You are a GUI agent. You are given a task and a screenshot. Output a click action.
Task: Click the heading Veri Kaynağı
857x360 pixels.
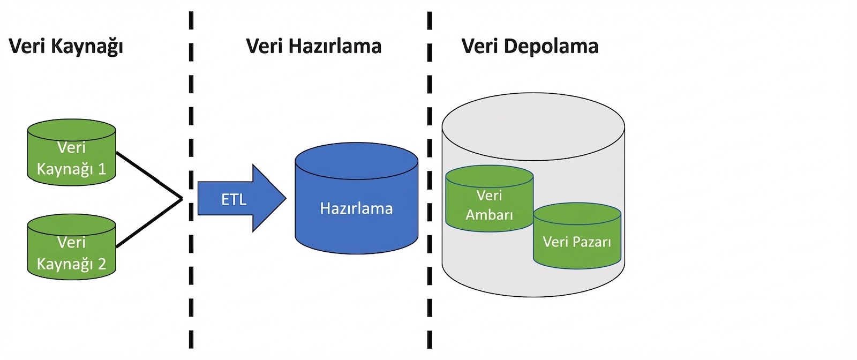66,47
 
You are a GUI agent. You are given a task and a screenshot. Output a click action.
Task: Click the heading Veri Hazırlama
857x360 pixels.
313,47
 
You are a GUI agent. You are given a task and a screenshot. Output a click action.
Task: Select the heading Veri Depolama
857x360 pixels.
529,47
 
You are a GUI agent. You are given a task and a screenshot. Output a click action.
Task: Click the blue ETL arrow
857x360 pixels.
236,199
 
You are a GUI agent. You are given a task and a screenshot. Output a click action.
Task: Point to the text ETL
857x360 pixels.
234,200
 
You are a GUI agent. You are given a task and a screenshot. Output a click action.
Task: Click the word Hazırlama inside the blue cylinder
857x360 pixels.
356,208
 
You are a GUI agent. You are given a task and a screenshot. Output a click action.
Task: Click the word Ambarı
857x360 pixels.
489,215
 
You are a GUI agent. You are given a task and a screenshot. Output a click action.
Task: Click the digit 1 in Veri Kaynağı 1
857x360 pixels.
102,169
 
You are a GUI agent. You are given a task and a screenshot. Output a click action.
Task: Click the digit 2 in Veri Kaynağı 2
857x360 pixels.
102,264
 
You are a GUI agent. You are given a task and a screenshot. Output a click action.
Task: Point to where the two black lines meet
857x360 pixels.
182,199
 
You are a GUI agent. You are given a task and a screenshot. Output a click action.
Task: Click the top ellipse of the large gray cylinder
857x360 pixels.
533,126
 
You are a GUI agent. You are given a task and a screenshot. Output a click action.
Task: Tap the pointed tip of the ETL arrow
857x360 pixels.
284,199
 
